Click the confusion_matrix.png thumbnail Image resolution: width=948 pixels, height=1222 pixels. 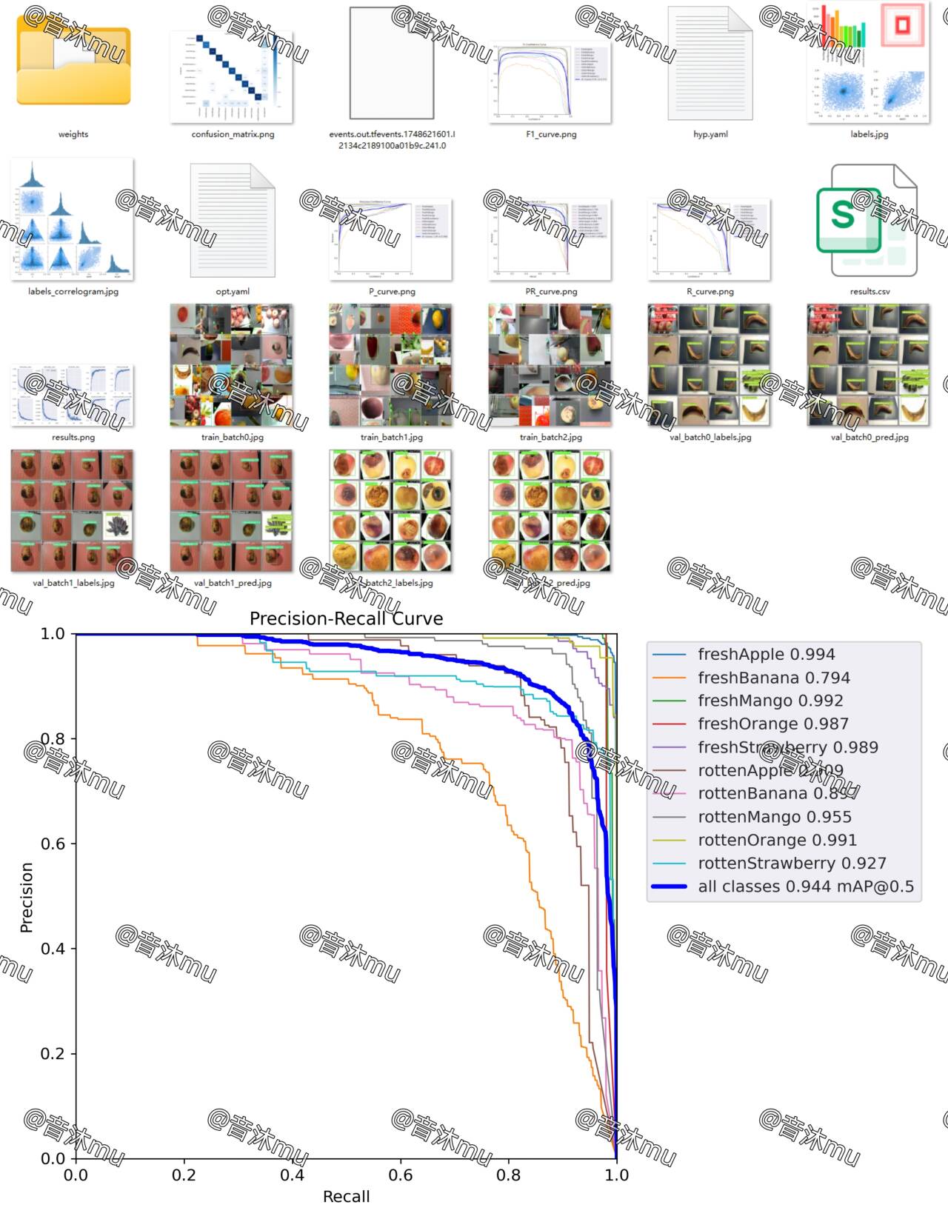232,77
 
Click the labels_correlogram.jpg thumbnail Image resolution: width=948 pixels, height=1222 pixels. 73,219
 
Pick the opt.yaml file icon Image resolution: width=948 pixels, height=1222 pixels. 233,220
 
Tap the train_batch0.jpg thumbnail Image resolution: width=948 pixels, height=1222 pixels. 232,365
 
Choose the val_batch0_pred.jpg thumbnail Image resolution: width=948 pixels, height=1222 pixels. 869,365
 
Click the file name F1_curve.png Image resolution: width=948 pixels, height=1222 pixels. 550,135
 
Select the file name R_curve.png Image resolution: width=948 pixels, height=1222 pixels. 710,292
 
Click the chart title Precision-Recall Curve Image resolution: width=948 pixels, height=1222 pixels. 346,619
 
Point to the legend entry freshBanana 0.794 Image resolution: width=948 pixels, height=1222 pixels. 773,678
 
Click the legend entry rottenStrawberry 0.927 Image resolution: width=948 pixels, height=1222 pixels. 791,864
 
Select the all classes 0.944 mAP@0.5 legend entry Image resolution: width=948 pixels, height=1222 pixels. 805,887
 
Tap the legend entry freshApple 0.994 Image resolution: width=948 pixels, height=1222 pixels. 766,655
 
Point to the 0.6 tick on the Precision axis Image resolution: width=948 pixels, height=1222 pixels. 53,844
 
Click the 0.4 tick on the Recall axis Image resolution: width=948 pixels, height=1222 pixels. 292,1175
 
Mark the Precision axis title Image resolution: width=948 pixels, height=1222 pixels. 27,897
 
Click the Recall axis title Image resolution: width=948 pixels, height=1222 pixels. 346,1197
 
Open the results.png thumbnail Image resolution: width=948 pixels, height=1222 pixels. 73,395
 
